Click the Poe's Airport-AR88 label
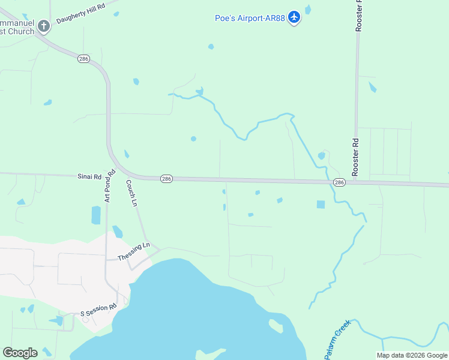point(250,18)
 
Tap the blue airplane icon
point(294,17)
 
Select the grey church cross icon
point(44,26)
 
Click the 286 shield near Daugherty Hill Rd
point(83,58)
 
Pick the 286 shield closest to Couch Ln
point(166,179)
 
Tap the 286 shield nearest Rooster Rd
point(339,182)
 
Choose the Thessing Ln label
point(133,252)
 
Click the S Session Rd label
point(98,310)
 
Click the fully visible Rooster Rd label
point(355,157)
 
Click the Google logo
point(20,353)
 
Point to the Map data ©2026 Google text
point(412,355)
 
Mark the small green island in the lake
point(276,326)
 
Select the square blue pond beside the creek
point(321,205)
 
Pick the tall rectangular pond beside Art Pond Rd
point(96,215)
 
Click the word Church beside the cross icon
point(21,31)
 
